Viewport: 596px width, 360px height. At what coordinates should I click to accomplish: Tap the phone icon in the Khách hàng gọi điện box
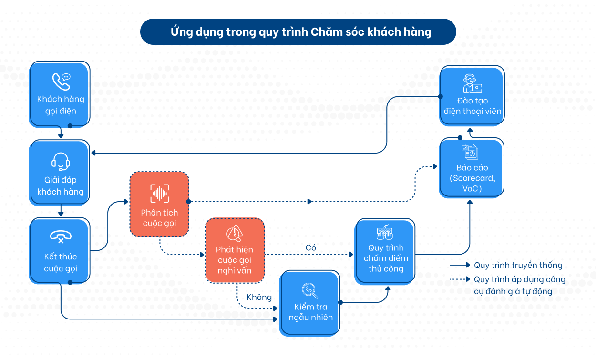click(x=61, y=82)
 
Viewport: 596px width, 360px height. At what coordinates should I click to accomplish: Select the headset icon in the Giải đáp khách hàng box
click(x=61, y=162)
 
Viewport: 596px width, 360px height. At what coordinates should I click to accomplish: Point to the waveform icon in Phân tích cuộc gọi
click(x=160, y=193)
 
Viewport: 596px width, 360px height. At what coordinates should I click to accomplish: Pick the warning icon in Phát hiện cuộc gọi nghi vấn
click(x=234, y=233)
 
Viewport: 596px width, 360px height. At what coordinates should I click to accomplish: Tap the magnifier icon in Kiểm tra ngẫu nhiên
click(x=309, y=290)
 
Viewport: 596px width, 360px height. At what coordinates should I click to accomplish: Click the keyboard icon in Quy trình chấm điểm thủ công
click(x=385, y=233)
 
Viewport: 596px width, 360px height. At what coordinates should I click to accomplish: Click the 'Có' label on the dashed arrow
click(x=311, y=248)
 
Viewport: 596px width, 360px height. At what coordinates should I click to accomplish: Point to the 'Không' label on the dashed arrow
click(x=259, y=298)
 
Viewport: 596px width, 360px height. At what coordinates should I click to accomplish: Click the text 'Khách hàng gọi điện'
click(x=61, y=105)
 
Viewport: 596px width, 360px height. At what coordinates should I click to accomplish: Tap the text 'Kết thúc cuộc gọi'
click(x=61, y=263)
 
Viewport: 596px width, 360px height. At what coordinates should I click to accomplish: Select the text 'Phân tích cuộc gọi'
click(x=160, y=218)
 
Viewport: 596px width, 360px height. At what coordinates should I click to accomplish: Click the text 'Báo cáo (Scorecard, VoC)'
click(x=472, y=178)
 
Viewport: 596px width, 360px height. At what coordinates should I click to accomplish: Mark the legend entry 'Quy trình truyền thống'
click(x=518, y=266)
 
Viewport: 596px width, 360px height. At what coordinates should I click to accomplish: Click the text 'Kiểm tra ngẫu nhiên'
click(x=310, y=312)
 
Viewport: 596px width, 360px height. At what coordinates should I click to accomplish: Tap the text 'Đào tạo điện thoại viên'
click(x=472, y=106)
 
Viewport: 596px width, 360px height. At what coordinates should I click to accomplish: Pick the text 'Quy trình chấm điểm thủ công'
click(x=386, y=258)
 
